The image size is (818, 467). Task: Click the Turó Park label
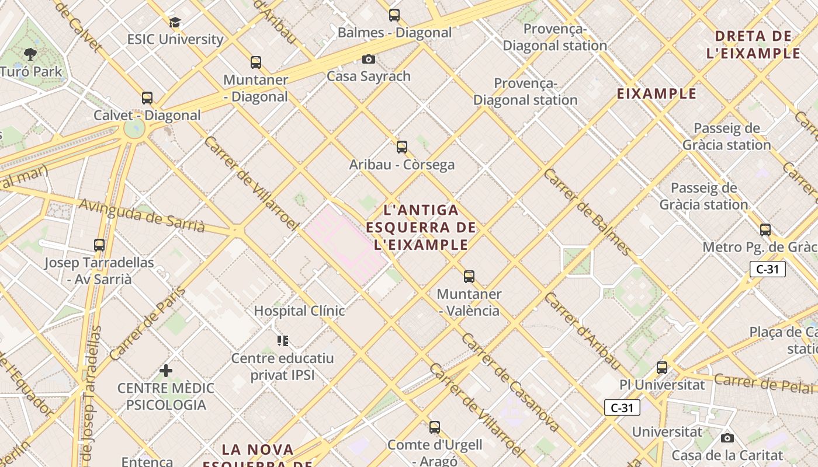pos(31,72)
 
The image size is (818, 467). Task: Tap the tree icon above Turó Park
pos(30,54)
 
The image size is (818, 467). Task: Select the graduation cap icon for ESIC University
pos(175,23)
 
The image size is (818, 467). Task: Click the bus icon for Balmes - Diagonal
pos(394,15)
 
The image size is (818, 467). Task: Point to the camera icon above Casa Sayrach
pos(368,59)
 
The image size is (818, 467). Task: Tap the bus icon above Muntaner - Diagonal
pos(255,62)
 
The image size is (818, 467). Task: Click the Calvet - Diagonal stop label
pos(147,116)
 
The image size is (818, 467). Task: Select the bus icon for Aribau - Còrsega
pos(401,147)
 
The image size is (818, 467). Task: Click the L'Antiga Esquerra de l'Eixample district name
pos(421,227)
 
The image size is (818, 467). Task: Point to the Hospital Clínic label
pos(299,311)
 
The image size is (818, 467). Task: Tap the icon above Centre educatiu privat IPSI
pos(283,340)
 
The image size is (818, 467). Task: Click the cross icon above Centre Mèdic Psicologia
pos(166,371)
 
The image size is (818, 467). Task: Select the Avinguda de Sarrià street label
pos(141,215)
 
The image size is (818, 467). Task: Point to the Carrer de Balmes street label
pos(587,212)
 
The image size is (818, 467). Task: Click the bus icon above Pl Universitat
pos(661,368)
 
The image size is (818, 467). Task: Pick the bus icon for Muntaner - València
pos(469,277)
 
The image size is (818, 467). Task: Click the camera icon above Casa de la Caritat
pos(727,438)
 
